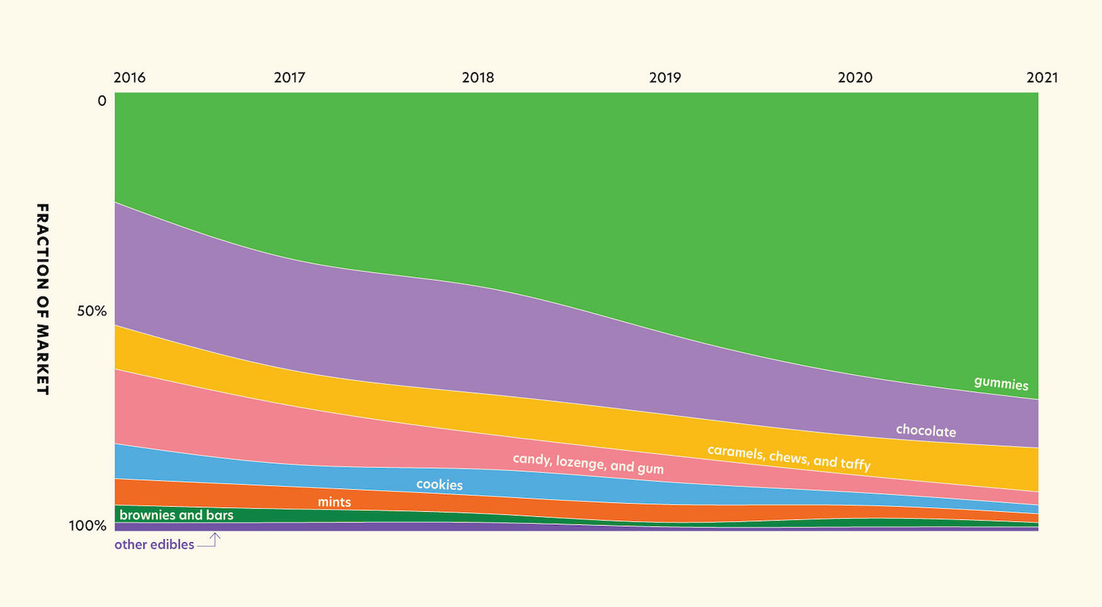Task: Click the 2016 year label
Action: click(129, 77)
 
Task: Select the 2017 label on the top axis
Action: click(289, 77)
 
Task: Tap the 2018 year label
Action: click(478, 77)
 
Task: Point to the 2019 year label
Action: click(665, 77)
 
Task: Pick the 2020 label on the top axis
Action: click(855, 77)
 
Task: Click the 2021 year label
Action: click(1042, 77)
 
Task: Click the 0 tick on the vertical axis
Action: click(102, 101)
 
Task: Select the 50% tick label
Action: click(92, 311)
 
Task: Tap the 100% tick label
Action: click(88, 525)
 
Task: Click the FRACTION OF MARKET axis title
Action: click(43, 299)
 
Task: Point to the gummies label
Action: click(1001, 383)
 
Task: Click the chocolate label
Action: click(926, 431)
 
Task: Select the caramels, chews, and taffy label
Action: click(788, 457)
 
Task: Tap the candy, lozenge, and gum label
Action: click(588, 464)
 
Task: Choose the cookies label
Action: click(439, 484)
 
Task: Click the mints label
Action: click(334, 502)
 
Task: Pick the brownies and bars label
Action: click(176, 515)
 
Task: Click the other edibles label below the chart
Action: click(154, 545)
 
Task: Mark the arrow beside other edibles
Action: click(210, 541)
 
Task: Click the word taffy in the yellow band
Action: click(855, 464)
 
